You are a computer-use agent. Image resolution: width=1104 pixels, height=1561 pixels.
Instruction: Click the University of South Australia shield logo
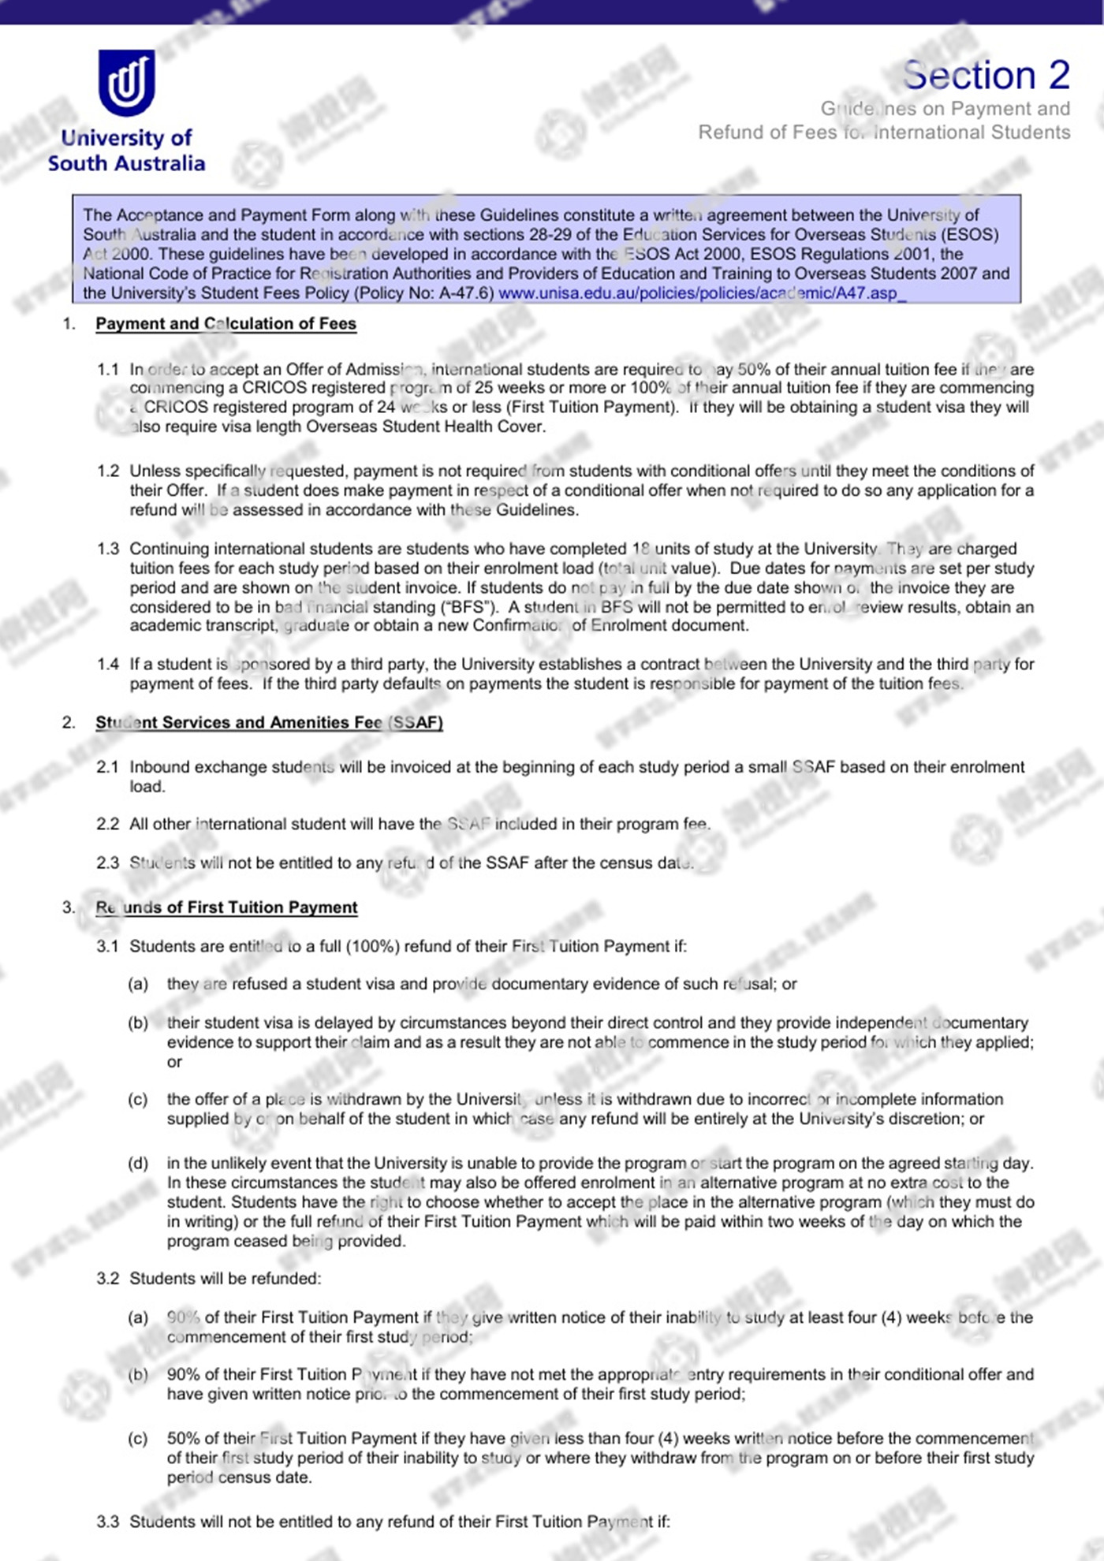126,82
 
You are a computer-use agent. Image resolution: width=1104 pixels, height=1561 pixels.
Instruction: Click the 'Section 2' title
986,76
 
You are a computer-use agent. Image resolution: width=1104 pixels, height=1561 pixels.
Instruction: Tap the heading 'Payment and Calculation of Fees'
226,323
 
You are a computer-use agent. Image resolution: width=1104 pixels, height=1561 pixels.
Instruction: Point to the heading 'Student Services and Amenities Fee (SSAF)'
269,722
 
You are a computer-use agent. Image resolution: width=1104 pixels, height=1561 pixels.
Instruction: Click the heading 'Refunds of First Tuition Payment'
226,907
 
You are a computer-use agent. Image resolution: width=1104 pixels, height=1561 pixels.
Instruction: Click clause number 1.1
108,369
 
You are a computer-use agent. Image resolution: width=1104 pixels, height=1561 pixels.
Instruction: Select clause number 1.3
108,549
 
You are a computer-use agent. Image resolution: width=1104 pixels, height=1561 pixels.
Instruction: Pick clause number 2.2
108,824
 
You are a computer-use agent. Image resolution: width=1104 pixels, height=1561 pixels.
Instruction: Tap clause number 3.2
108,1278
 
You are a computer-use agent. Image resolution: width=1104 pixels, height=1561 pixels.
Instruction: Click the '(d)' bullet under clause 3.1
138,1163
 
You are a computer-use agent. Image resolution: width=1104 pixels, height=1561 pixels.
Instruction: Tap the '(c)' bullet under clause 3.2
138,1438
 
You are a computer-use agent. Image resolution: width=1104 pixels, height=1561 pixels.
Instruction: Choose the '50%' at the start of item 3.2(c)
183,1438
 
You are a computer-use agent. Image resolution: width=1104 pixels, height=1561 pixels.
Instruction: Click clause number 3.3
108,1522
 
